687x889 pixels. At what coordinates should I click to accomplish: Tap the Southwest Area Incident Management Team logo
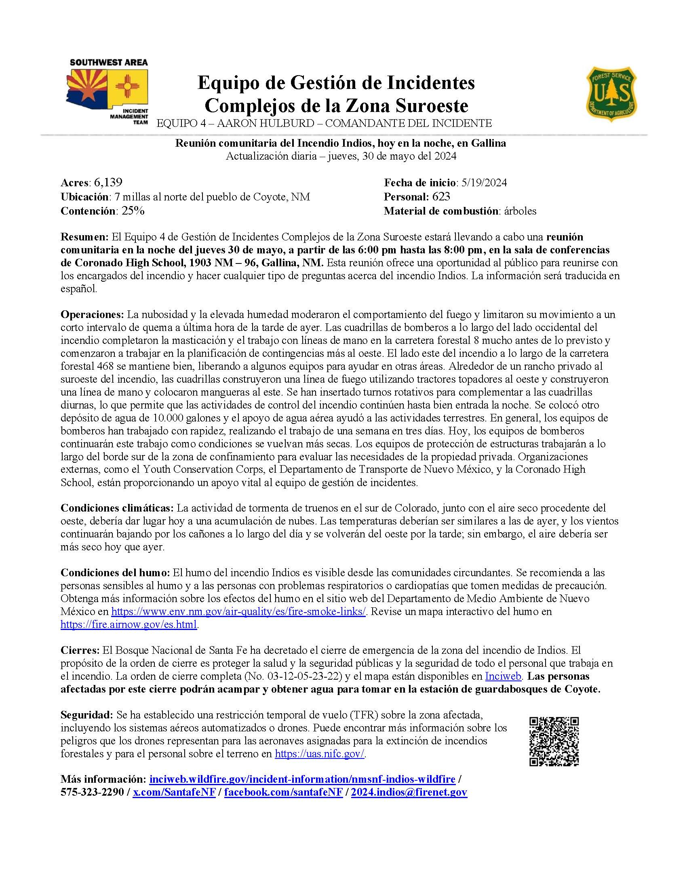pos(108,92)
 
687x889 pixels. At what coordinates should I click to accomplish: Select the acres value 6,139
pos(108,182)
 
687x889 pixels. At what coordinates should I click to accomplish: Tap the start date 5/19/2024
pos(482,183)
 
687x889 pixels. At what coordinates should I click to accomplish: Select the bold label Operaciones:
pos(92,314)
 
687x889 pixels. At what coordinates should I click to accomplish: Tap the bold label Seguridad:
pos(86,714)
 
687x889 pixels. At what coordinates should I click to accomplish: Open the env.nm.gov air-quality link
pos(238,611)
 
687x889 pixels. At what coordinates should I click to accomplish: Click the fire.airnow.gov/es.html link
pos(129,624)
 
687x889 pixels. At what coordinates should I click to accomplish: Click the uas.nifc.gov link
pos(320,754)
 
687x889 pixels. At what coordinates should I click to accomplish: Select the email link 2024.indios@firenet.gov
pos(409,792)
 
